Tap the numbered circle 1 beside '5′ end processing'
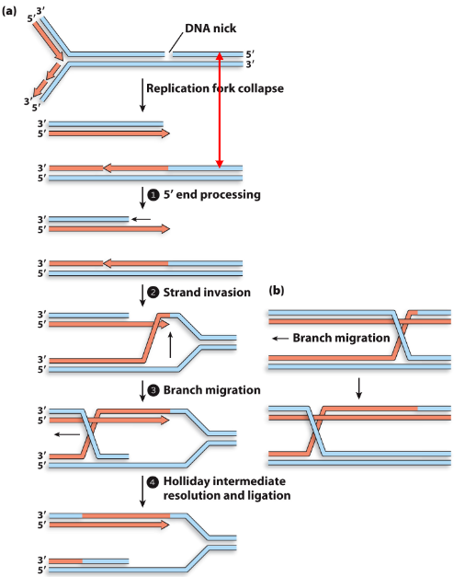pos(154,194)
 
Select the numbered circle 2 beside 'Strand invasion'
pos(154,293)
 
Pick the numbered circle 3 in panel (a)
pos(154,390)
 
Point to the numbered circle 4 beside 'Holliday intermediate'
pos(154,481)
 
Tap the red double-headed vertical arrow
pos(219,110)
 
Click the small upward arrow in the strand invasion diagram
pos(171,346)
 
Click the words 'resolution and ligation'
pos(227,495)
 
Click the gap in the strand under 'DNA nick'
pos(167,55)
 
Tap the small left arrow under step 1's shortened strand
pos(140,219)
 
